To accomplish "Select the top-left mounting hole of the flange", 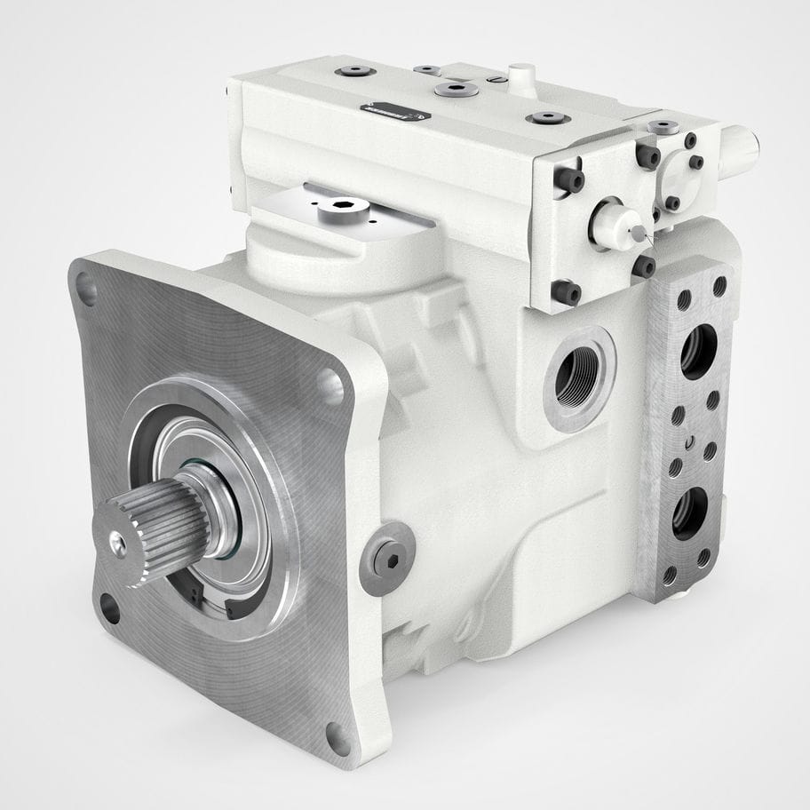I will point(86,288).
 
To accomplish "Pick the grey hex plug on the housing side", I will point(388,557).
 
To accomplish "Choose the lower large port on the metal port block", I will point(689,513).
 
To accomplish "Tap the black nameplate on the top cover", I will point(395,111).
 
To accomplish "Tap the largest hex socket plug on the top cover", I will point(457,89).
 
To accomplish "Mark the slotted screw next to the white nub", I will point(498,79).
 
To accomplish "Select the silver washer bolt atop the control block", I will point(663,127).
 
